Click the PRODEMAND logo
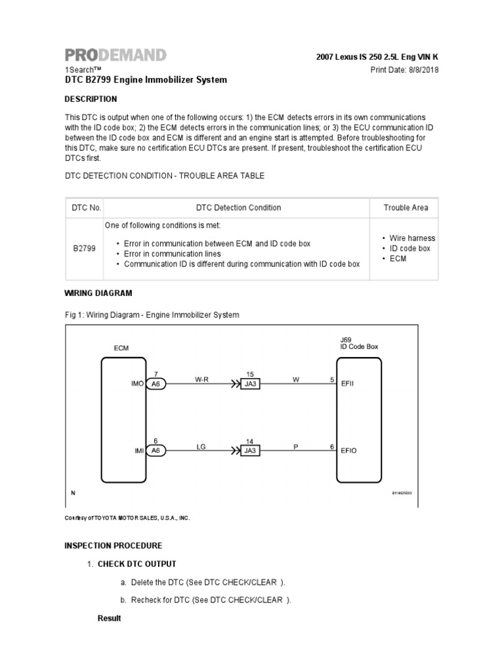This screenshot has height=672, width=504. point(115,55)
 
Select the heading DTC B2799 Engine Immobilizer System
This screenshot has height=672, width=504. point(145,80)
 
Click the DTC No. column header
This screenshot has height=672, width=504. point(86,207)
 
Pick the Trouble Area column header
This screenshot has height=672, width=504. point(406,207)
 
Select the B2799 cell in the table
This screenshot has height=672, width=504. point(86,249)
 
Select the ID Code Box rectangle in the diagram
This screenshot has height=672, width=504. point(360,420)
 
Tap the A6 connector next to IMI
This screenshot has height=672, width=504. point(156,450)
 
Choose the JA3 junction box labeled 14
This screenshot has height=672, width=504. point(250,450)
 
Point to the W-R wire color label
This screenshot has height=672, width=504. point(201,379)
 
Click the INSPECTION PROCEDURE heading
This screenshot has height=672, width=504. point(113,545)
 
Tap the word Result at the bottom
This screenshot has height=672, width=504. point(110,618)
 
